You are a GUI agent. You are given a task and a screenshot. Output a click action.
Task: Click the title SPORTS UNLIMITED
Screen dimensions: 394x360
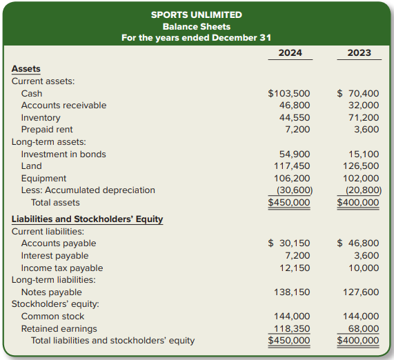click(x=197, y=14)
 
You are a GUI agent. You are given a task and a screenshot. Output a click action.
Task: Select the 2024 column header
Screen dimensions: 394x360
click(x=290, y=52)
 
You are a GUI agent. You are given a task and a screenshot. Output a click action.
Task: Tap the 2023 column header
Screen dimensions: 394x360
click(x=359, y=52)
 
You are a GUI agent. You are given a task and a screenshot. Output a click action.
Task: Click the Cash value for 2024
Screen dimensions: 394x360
click(x=289, y=94)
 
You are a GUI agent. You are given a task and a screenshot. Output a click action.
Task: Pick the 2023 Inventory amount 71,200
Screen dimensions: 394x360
click(x=364, y=117)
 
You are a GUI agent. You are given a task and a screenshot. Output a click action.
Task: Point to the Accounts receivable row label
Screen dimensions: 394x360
click(x=63, y=106)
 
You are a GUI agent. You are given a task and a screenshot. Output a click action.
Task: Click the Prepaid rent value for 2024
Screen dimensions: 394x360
click(x=297, y=130)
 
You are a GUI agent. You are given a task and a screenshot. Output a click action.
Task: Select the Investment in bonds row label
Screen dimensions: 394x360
click(x=63, y=154)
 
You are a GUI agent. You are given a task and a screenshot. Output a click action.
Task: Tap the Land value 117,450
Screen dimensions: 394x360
click(x=292, y=166)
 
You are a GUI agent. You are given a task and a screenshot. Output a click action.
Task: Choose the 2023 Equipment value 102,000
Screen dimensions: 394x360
click(x=361, y=179)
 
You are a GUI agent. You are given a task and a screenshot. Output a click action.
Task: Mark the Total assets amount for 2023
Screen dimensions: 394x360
click(x=358, y=203)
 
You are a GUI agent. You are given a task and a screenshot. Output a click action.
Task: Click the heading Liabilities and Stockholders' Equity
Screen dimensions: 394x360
click(x=87, y=219)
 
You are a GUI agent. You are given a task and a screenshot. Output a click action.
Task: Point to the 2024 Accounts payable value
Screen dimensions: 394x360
click(x=289, y=243)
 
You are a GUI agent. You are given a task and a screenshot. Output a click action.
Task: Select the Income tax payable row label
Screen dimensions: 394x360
click(x=62, y=268)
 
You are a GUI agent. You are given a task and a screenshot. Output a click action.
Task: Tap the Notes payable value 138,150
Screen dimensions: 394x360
click(x=292, y=292)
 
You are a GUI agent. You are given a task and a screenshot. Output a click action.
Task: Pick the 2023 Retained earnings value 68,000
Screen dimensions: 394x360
click(x=364, y=328)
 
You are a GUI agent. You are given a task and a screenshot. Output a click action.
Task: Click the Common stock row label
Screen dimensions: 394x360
click(x=52, y=317)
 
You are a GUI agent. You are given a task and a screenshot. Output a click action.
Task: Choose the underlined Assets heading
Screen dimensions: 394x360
click(x=26, y=69)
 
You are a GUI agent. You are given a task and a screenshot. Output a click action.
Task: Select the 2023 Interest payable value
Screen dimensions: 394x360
click(x=366, y=256)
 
